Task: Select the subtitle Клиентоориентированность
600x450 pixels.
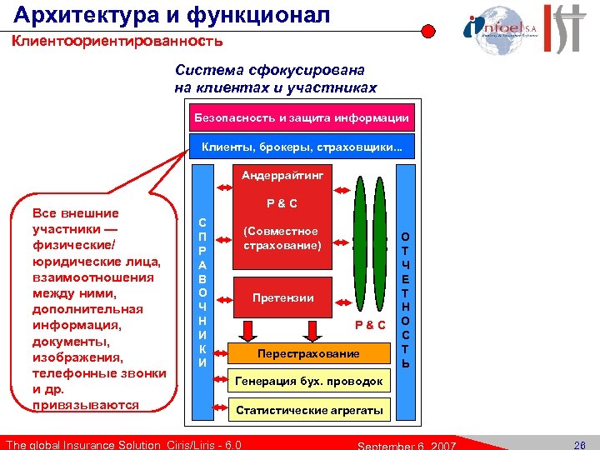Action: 117,41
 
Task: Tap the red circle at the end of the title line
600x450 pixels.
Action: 427,32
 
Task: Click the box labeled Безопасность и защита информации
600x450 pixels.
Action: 302,118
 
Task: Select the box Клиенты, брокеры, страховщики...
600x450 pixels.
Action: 302,149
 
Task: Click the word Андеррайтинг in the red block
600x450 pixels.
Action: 282,176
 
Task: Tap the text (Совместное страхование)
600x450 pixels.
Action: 280,238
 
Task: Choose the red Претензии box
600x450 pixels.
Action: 282,297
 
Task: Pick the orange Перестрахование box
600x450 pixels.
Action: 308,353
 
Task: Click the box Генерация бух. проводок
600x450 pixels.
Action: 309,382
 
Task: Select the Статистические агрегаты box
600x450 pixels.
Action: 309,410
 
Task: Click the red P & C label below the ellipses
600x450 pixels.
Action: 370,324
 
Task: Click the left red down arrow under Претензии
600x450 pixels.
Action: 249,325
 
